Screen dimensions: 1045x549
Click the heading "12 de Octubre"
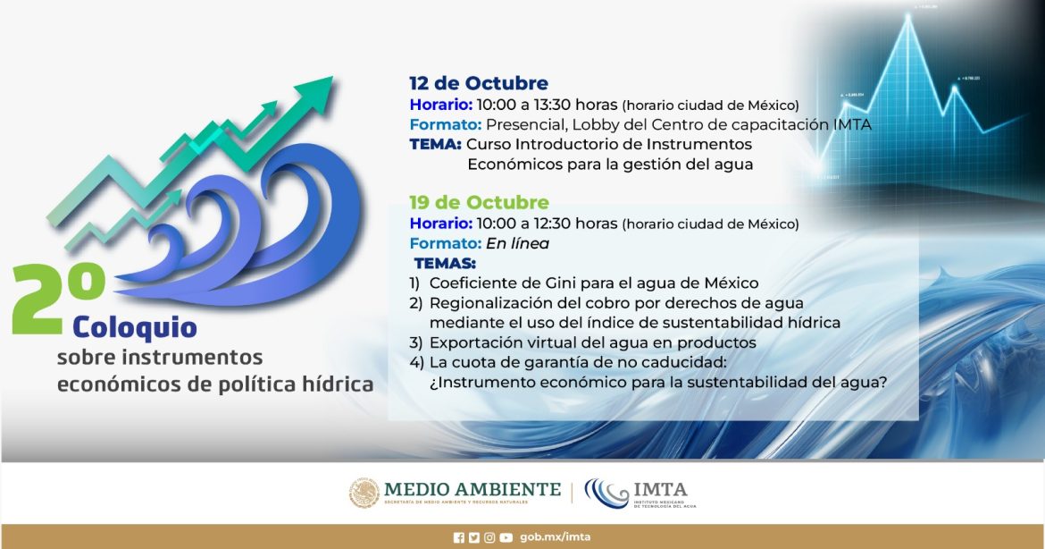[x=479, y=83]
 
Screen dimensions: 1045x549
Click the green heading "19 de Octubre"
[x=479, y=202]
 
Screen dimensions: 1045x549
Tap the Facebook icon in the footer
[x=458, y=537]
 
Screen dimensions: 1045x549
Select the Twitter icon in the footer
[x=474, y=537]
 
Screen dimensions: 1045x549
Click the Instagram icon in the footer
[x=489, y=537]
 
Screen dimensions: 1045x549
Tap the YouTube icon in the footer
[x=506, y=537]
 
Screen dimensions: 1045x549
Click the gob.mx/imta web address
[x=556, y=537]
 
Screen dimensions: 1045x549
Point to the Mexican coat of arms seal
[x=364, y=493]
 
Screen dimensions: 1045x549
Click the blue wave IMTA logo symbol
[x=606, y=494]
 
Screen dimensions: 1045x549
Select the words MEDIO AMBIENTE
[x=472, y=490]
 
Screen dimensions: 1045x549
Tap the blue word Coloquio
[x=135, y=328]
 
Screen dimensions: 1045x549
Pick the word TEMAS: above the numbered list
[x=445, y=263]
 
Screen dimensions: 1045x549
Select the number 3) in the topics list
[x=416, y=342]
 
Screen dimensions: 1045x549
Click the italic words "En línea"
[x=518, y=243]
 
